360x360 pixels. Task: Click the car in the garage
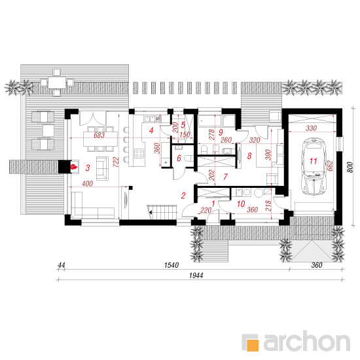[314, 166]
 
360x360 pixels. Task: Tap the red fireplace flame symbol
[74, 167]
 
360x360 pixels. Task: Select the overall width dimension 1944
[196, 276]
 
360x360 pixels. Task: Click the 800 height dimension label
[350, 167]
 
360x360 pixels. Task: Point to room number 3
[88, 168]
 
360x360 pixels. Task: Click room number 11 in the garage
[313, 161]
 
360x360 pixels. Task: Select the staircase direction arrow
[151, 213]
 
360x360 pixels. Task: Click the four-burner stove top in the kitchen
[139, 153]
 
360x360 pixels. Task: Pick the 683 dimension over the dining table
[99, 135]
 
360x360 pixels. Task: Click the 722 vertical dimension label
[116, 162]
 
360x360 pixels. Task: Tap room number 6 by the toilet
[179, 158]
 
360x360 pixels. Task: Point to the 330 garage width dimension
[311, 128]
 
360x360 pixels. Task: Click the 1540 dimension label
[171, 265]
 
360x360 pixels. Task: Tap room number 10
[241, 204]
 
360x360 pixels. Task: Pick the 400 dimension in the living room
[87, 183]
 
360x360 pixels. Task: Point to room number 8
[249, 156]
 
